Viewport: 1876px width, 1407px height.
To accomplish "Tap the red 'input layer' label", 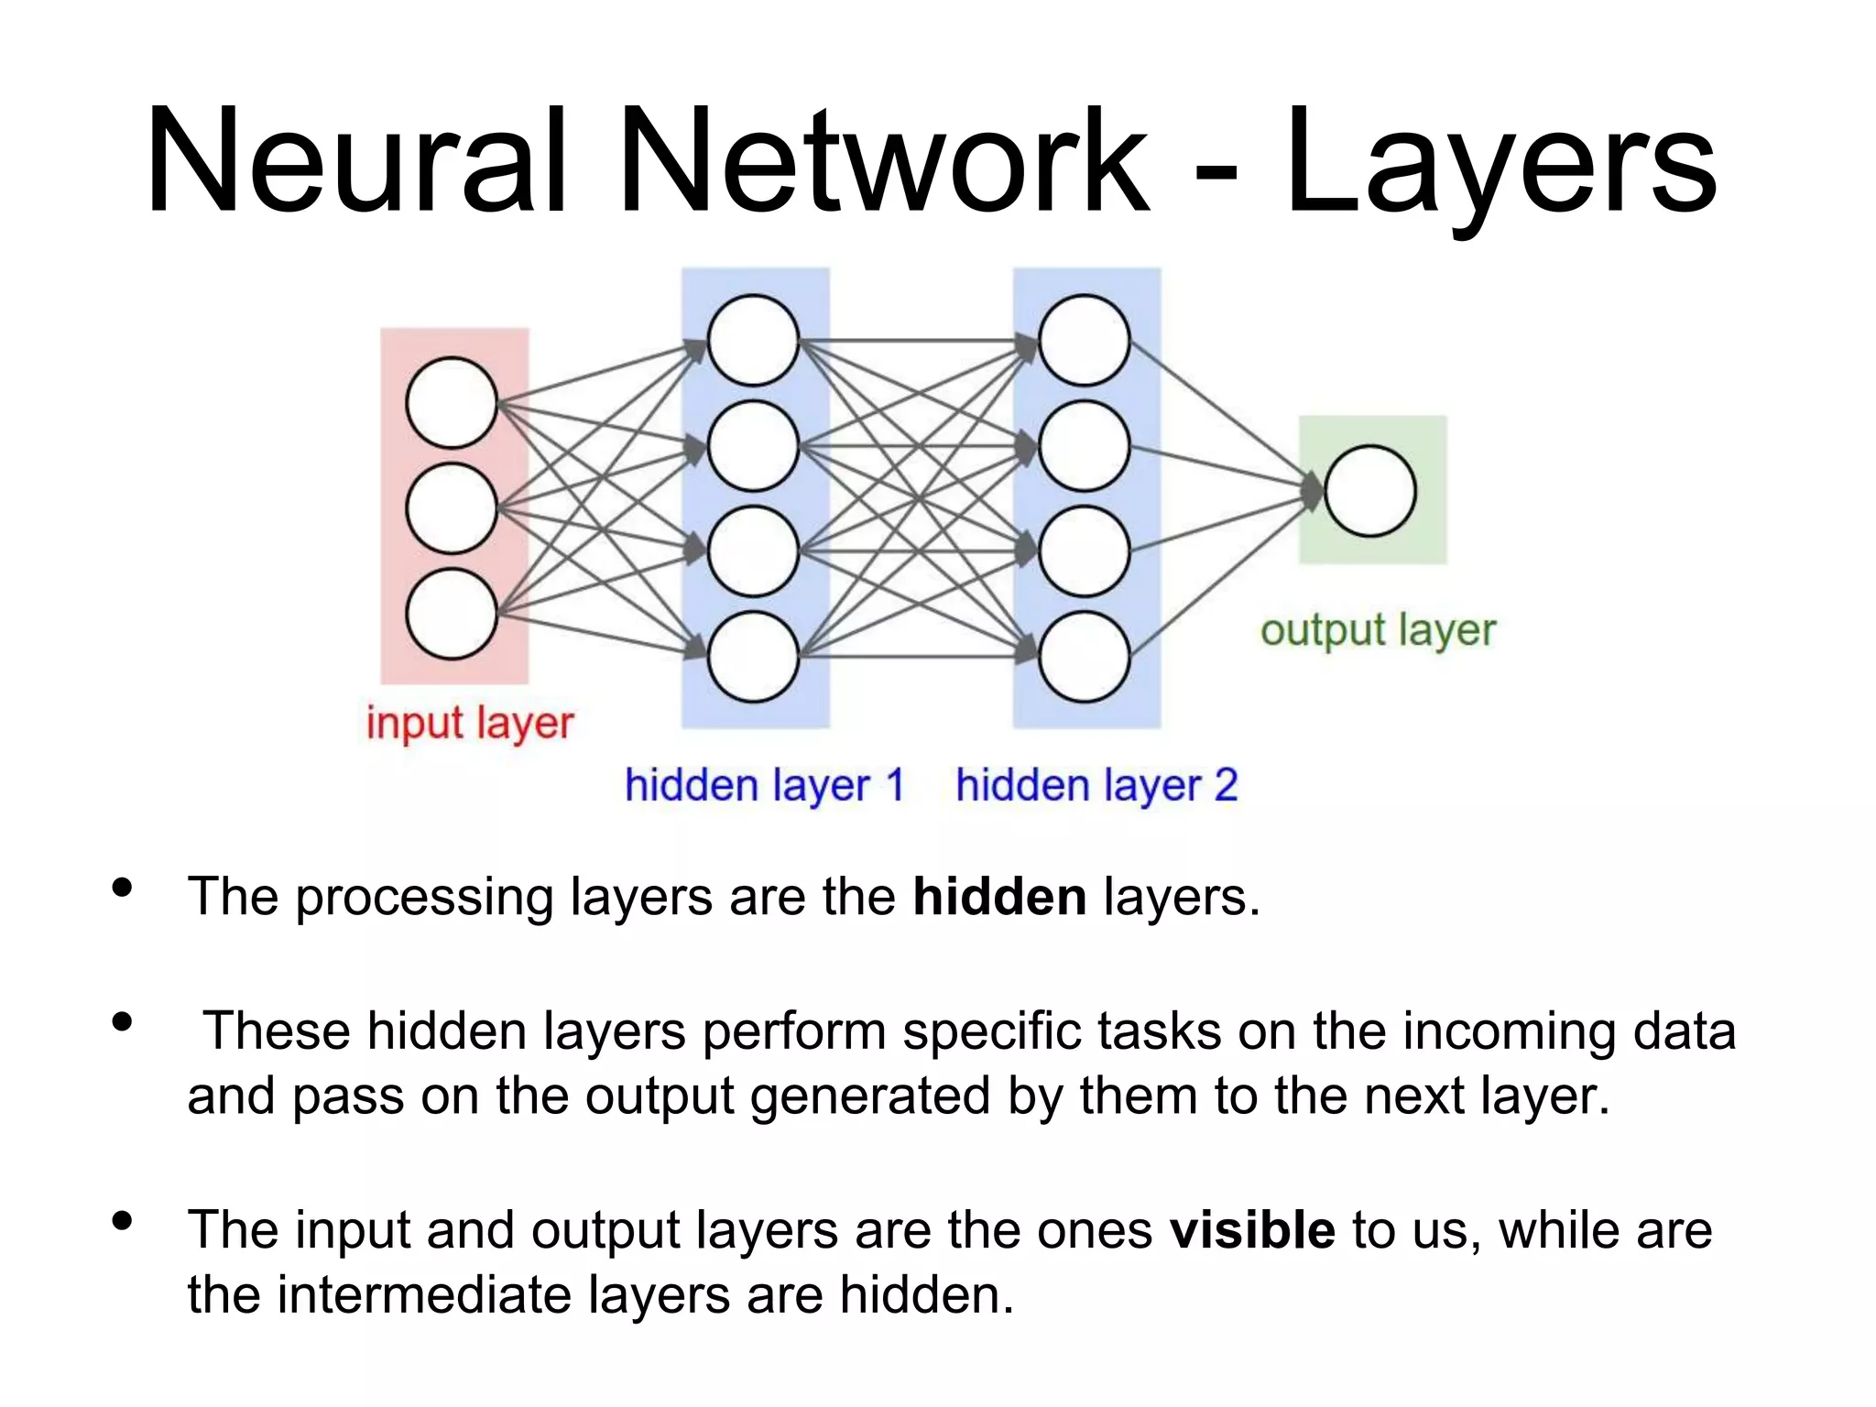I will click(x=469, y=724).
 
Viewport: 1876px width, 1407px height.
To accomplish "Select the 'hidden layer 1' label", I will click(x=764, y=786).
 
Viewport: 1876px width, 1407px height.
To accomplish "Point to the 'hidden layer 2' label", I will click(x=1096, y=786).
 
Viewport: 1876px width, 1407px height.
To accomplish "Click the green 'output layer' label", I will click(x=1377, y=630).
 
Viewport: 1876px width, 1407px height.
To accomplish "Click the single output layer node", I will click(x=1369, y=491).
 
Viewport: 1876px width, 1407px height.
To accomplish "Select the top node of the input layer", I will click(x=451, y=403).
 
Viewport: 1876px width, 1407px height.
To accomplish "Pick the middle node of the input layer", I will click(x=451, y=508).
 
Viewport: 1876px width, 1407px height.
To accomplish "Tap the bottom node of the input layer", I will click(x=451, y=614).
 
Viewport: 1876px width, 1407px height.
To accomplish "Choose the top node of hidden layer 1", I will click(x=753, y=340).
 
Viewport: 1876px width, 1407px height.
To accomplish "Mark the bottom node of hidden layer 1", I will click(x=753, y=657).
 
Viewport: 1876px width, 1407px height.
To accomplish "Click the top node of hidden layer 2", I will click(x=1084, y=340).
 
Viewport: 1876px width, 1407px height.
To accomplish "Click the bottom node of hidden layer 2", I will click(x=1084, y=657).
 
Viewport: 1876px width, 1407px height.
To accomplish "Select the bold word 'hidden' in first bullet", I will click(x=999, y=897).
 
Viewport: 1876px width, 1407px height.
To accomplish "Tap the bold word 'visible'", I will click(x=1251, y=1230).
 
